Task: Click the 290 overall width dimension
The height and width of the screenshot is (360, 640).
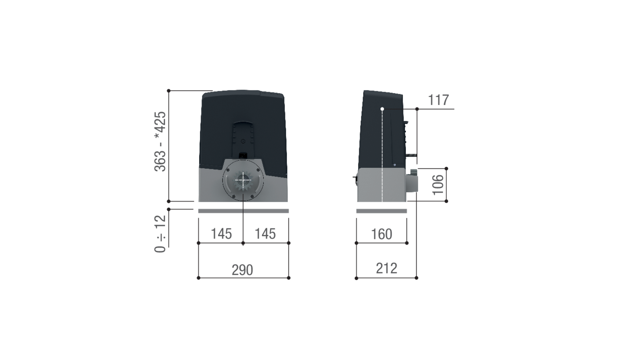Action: tap(242, 270)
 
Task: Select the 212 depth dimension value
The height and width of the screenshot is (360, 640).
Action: tap(387, 268)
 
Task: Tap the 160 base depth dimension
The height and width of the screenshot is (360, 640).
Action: tap(381, 234)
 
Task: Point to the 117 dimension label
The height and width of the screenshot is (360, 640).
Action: tap(438, 100)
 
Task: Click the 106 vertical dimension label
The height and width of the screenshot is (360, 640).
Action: tap(438, 185)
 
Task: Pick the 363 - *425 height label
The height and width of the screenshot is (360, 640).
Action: tap(160, 141)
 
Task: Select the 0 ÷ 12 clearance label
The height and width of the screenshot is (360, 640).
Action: tap(160, 234)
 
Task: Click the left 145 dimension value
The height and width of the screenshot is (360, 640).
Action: tap(221, 234)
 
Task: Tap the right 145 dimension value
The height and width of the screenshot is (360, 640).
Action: tap(265, 234)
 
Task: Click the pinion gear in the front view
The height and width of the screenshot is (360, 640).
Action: tap(243, 180)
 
